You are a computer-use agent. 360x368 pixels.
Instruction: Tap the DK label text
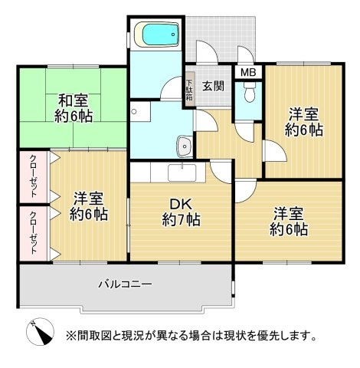click(182, 205)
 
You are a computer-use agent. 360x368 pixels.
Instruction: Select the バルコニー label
click(125, 284)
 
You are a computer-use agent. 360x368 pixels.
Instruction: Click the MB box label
click(248, 73)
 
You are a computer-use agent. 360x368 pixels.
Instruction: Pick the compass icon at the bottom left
click(40, 333)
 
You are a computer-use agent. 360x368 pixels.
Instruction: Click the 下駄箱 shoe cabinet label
click(188, 88)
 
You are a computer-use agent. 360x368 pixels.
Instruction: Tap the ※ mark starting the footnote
click(70, 336)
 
